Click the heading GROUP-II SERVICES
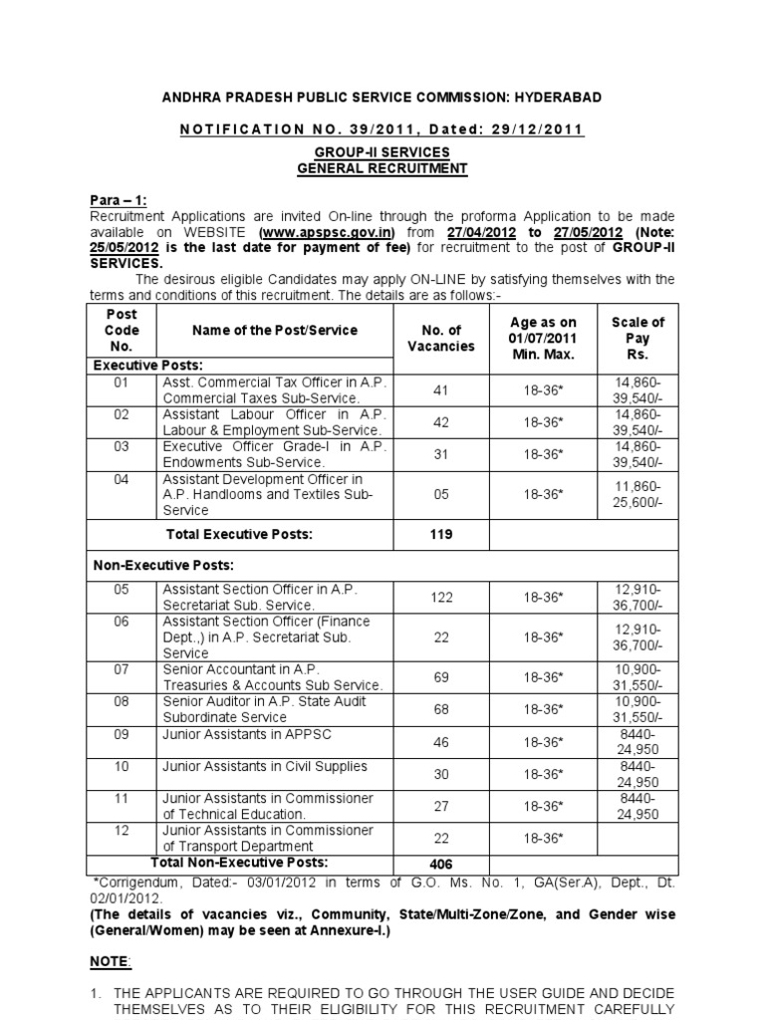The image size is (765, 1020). (382, 152)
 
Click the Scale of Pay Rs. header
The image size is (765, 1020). (637, 339)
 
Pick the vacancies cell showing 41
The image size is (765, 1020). (440, 390)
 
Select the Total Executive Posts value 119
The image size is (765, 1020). (440, 535)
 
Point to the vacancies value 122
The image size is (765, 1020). (440, 598)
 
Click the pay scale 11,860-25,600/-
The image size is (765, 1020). (637, 495)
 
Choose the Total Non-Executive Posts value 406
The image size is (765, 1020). (440, 865)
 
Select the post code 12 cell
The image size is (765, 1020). (122, 830)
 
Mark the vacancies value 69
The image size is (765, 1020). (440, 676)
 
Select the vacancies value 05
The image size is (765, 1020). (440, 495)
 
